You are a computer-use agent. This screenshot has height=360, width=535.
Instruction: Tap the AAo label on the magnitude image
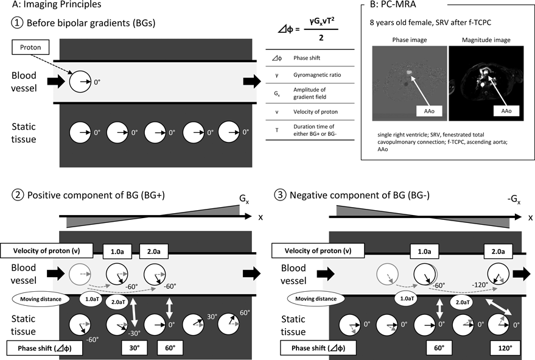pos(505,111)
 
